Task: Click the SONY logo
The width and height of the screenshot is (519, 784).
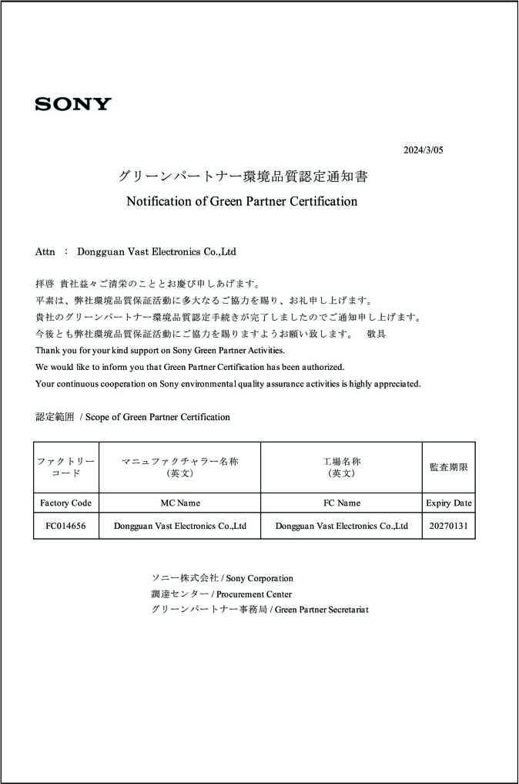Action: click(x=73, y=104)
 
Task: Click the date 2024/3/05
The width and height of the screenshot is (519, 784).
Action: click(x=424, y=150)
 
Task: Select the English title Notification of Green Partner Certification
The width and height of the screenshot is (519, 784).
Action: click(x=242, y=201)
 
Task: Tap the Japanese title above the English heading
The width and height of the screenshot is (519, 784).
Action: click(x=243, y=177)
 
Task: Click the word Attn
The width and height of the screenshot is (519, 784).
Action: click(x=45, y=251)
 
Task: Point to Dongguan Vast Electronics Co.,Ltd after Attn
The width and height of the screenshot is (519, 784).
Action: click(x=156, y=251)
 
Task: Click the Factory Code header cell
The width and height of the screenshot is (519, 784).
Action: click(x=65, y=503)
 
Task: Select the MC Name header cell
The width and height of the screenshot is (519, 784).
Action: click(x=179, y=503)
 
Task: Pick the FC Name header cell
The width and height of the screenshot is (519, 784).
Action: click(x=341, y=503)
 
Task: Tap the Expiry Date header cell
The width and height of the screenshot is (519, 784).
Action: click(x=448, y=503)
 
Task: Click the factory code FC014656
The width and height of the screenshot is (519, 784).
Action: click(x=65, y=526)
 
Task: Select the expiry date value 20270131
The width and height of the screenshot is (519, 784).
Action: click(x=448, y=526)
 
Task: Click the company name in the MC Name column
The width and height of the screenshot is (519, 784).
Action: click(x=179, y=526)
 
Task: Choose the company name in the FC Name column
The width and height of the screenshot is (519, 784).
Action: click(x=341, y=526)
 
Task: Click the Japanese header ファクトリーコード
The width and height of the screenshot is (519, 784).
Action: click(x=65, y=467)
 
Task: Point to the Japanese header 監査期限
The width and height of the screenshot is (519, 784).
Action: click(x=448, y=467)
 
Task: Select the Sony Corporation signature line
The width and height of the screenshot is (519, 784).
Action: click(x=222, y=578)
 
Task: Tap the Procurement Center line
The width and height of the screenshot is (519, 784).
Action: click(x=221, y=594)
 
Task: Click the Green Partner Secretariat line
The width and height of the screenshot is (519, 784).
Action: click(x=259, y=610)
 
